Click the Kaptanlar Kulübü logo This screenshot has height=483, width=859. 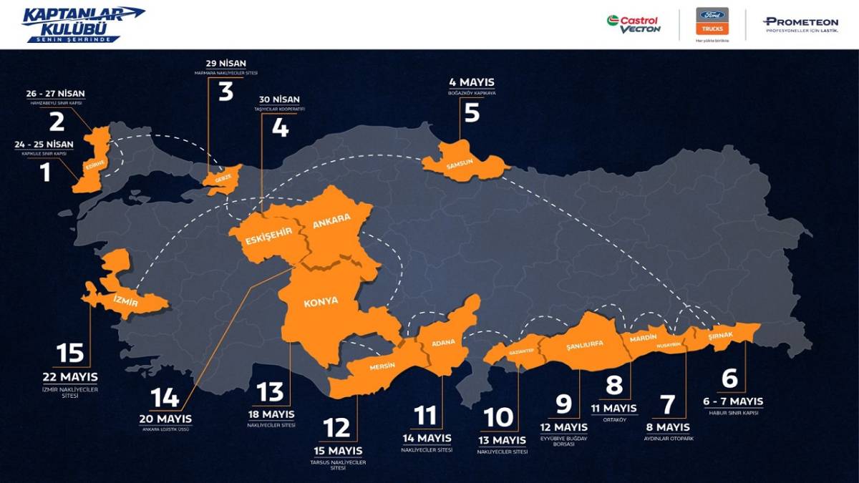pyautogui.click(x=83, y=23)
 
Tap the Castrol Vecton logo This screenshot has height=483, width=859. pyautogui.click(x=634, y=23)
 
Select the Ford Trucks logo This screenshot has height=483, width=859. pyautogui.click(x=712, y=21)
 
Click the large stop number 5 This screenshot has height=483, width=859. pyautogui.click(x=472, y=112)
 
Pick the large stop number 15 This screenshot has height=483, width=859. pyautogui.click(x=71, y=353)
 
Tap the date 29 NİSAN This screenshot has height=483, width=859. pyautogui.click(x=225, y=63)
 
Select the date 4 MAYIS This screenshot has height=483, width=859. pyautogui.click(x=472, y=82)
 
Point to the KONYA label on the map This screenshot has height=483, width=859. pyautogui.click(x=321, y=301)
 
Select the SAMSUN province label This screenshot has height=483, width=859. pyautogui.click(x=460, y=163)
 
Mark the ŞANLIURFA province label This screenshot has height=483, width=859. pyautogui.click(x=584, y=343)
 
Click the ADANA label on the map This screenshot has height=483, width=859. pyautogui.click(x=443, y=343)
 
